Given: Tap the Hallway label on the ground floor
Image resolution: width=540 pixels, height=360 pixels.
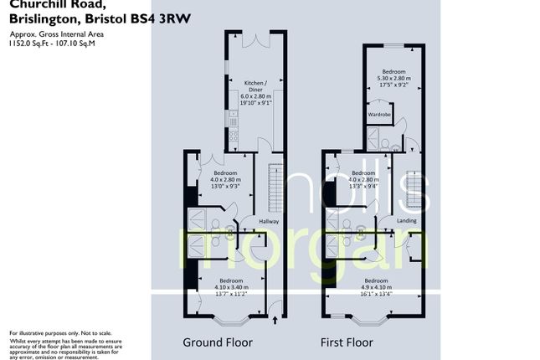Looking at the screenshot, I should click(268, 221).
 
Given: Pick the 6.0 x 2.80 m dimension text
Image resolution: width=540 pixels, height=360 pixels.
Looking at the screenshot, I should click(255, 98).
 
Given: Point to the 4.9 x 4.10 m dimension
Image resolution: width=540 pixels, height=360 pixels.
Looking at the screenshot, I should click(375, 287).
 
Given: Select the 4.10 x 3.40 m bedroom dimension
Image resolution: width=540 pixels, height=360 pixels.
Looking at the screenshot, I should click(231, 287).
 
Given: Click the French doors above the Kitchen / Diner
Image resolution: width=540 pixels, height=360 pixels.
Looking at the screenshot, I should click(255, 39).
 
